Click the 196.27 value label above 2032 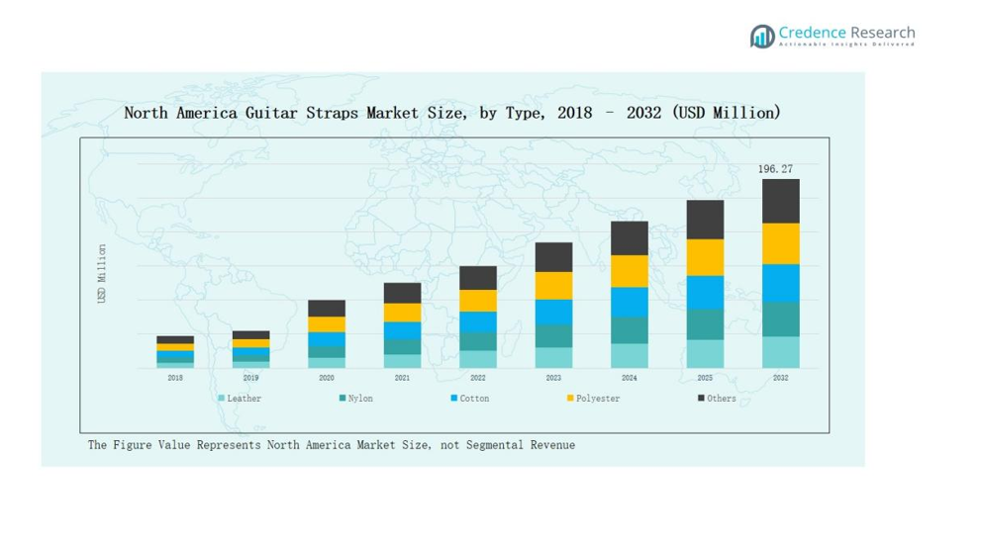775,169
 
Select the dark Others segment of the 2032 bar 780,201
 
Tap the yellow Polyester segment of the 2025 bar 705,257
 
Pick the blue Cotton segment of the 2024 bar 630,302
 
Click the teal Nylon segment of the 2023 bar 553,336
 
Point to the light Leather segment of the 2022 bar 478,359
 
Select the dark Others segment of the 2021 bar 402,293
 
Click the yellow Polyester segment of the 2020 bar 327,324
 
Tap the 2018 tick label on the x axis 175,378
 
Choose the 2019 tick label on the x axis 250,378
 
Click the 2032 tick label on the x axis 780,378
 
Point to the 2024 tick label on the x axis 630,378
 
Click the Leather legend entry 240,399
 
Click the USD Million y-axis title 102,274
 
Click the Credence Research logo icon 761,37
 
